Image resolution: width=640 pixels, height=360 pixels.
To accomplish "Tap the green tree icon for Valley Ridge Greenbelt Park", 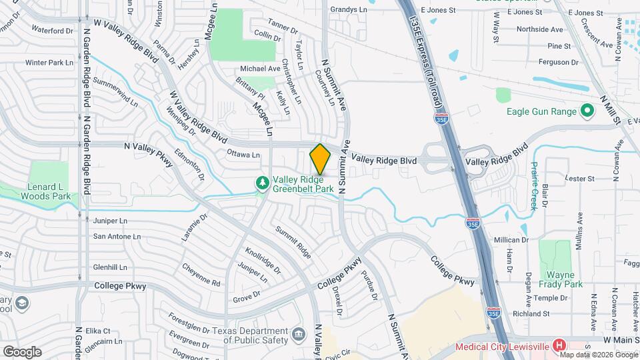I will tap(263, 182).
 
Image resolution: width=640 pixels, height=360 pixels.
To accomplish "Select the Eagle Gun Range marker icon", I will tap(587, 111).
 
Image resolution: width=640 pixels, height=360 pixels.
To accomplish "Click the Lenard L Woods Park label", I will tap(46, 191).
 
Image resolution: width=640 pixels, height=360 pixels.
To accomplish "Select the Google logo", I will tap(22, 351).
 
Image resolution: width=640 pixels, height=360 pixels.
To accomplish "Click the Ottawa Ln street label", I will tap(243, 155).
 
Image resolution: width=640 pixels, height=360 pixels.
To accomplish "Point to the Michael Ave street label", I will tap(260, 69).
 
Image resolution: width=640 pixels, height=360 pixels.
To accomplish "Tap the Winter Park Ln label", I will tap(49, 63).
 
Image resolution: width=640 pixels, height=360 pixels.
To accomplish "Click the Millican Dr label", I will tap(511, 239).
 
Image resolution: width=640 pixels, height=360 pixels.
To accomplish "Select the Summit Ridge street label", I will tap(294, 242).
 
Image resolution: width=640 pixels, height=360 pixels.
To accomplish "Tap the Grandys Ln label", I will tap(349, 10).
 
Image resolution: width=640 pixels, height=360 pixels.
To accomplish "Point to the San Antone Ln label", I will tap(117, 236).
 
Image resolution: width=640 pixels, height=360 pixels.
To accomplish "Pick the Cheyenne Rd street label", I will tap(201, 274).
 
